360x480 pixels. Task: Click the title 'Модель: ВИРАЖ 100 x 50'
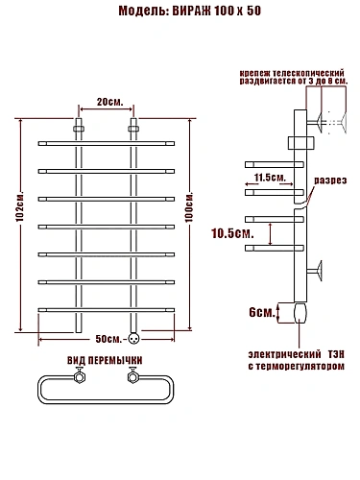point(189,11)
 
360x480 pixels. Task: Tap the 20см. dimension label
point(109,102)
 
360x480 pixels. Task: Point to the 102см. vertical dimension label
point(20,207)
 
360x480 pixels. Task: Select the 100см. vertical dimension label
point(189,207)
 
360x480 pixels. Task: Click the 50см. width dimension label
point(108,339)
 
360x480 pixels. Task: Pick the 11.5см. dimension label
point(270,177)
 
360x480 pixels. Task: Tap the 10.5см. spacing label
point(232,233)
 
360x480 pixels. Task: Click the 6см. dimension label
point(262,312)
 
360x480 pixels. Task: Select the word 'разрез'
point(330,180)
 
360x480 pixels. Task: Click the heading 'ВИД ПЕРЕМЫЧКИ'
point(105,360)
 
